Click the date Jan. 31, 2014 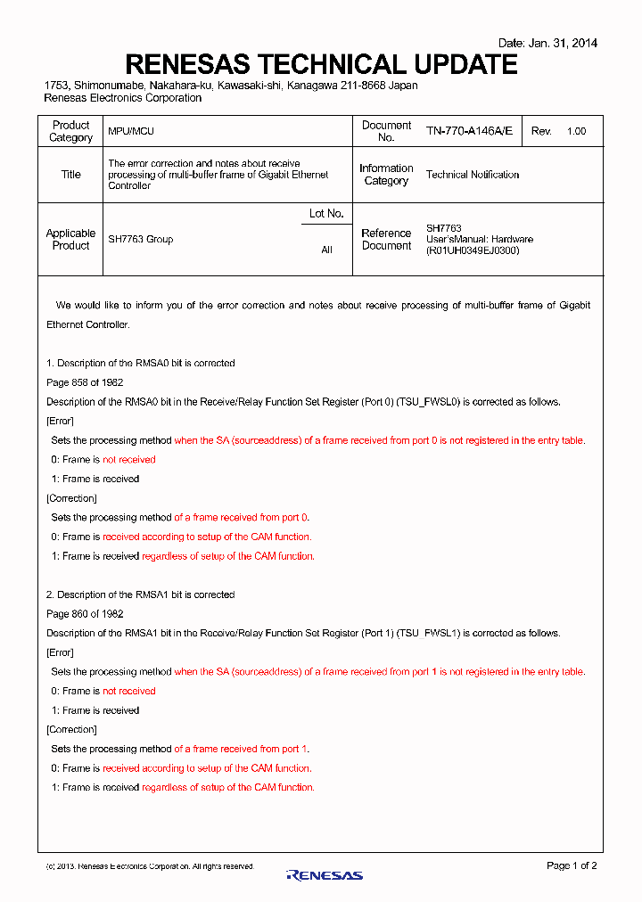[547, 43]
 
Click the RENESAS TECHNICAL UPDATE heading [321, 64]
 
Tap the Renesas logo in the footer [325, 875]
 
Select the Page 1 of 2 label [572, 865]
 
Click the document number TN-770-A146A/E [469, 131]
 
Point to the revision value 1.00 [576, 131]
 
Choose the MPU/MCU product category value [131, 131]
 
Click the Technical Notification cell [473, 175]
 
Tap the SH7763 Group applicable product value [141, 239]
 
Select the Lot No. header [326, 214]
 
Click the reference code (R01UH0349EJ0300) [473, 250]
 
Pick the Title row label [70, 175]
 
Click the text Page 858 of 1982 [85, 382]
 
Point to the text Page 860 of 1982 [85, 614]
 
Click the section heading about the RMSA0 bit [141, 363]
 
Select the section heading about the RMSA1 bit [141, 594]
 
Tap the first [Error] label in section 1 [60, 421]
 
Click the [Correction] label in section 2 [71, 730]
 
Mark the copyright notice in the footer [150, 866]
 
